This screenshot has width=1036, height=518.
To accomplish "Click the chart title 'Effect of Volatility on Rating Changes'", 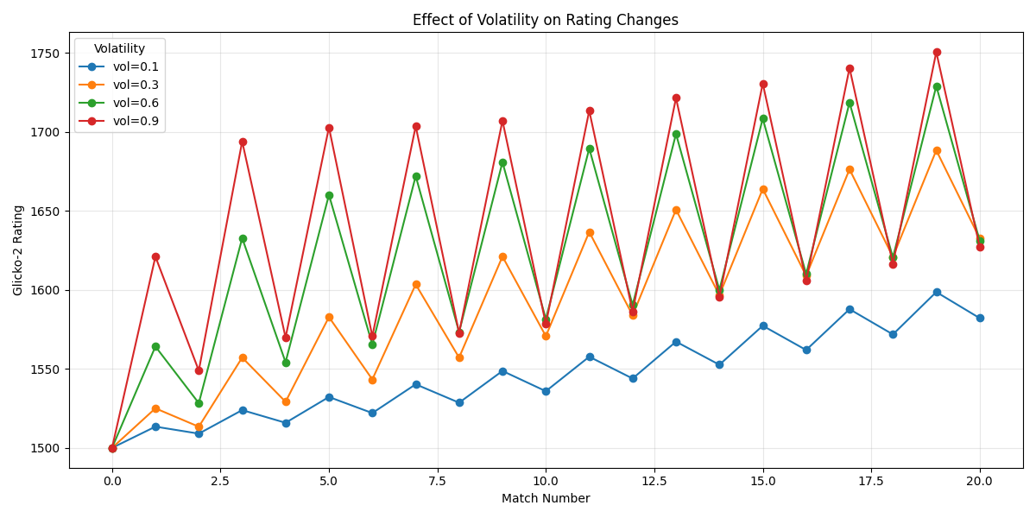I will [546, 20].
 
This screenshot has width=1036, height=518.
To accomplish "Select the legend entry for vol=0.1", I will [136, 66].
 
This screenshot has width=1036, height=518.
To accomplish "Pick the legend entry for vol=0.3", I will [136, 85].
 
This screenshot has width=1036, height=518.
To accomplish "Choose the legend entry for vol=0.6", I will [136, 103].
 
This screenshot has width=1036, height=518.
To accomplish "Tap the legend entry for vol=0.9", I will [136, 121].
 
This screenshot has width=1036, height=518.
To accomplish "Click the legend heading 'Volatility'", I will [119, 48].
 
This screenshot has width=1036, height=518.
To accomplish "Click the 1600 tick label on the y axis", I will [50, 290].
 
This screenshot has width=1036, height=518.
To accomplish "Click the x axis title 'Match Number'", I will [546, 498].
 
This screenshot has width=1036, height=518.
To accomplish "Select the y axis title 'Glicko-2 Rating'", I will [18, 250].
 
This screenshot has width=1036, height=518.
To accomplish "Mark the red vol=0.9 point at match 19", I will [937, 52].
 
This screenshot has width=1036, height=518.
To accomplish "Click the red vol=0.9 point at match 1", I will [155, 256].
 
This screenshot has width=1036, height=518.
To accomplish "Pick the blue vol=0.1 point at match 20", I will [980, 318].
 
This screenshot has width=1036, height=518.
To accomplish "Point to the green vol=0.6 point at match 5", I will [329, 195].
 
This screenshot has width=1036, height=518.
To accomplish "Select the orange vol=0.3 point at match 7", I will [416, 284].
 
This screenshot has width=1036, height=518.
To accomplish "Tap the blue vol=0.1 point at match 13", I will [676, 342].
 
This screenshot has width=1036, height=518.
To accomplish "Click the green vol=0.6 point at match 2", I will [199, 403].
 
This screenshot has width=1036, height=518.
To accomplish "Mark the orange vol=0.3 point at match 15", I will [763, 189].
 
